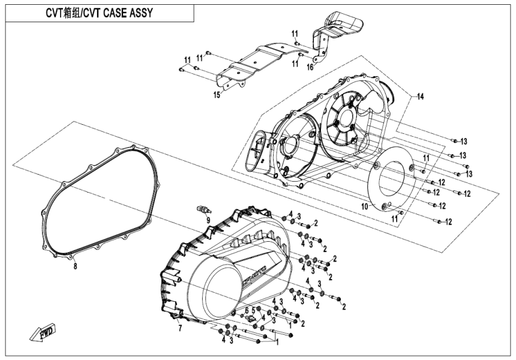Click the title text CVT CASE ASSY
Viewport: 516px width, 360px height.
pyautogui.click(x=99, y=13)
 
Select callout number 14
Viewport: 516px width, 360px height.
pyautogui.click(x=421, y=96)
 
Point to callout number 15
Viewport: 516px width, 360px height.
pyautogui.click(x=217, y=94)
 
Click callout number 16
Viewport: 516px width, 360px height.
pyautogui.click(x=310, y=68)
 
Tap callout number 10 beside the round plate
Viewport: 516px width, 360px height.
pyautogui.click(x=364, y=206)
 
